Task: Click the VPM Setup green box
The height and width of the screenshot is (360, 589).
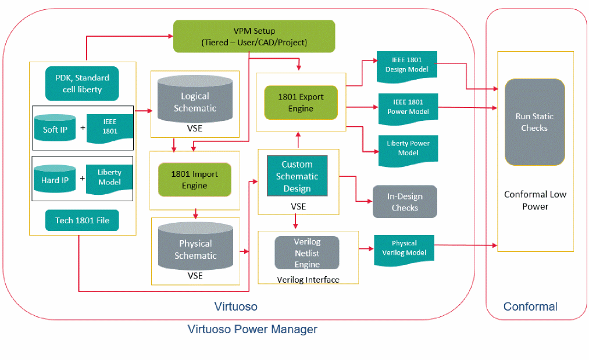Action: pos(254,36)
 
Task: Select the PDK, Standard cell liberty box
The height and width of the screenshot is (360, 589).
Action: pos(82,84)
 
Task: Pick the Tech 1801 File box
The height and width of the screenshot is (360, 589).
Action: pos(82,220)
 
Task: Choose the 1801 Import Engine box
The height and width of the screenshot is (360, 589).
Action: pos(195,180)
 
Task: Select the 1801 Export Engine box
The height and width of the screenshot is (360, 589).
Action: pos(301,102)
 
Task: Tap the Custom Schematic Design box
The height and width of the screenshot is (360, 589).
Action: pos(297,176)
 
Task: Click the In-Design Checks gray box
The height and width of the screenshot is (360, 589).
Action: pos(405,202)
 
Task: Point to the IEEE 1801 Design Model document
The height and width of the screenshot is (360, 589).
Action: pos(407,65)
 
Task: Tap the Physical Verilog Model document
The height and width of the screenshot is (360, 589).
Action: pos(404,248)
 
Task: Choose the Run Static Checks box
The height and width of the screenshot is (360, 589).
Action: pos(534,122)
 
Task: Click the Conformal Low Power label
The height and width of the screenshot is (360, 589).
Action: pos(535,200)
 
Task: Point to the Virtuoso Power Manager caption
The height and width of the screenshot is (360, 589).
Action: pos(252,330)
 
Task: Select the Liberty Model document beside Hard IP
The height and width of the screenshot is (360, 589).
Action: pos(109,178)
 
